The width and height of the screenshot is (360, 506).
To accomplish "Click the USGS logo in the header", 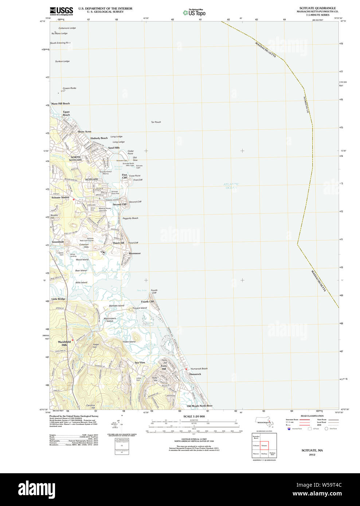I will [61, 11].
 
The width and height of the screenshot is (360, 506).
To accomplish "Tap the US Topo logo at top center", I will [195, 13].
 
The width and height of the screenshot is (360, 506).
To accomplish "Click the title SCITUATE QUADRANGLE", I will [317, 8].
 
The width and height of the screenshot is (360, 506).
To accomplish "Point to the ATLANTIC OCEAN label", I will [231, 186].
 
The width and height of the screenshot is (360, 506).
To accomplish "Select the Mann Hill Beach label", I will [60, 104].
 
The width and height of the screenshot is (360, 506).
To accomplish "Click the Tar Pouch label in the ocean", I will [156, 122].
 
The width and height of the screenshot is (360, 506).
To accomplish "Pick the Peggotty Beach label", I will [130, 218].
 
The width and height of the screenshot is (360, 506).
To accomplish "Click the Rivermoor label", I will [134, 253].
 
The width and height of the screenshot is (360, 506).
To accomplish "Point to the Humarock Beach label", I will [199, 369].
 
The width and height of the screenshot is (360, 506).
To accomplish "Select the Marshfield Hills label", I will [64, 343].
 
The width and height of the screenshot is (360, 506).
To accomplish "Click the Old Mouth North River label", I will [200, 406].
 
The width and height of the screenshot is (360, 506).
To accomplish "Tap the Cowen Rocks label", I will [69, 88].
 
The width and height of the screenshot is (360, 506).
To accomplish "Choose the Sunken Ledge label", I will [62, 62].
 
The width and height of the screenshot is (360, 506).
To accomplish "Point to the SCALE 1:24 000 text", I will [194, 416].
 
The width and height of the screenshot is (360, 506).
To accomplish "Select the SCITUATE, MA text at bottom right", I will [312, 450].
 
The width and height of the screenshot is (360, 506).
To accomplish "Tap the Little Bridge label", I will [58, 299].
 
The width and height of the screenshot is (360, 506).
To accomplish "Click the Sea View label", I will [140, 363].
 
